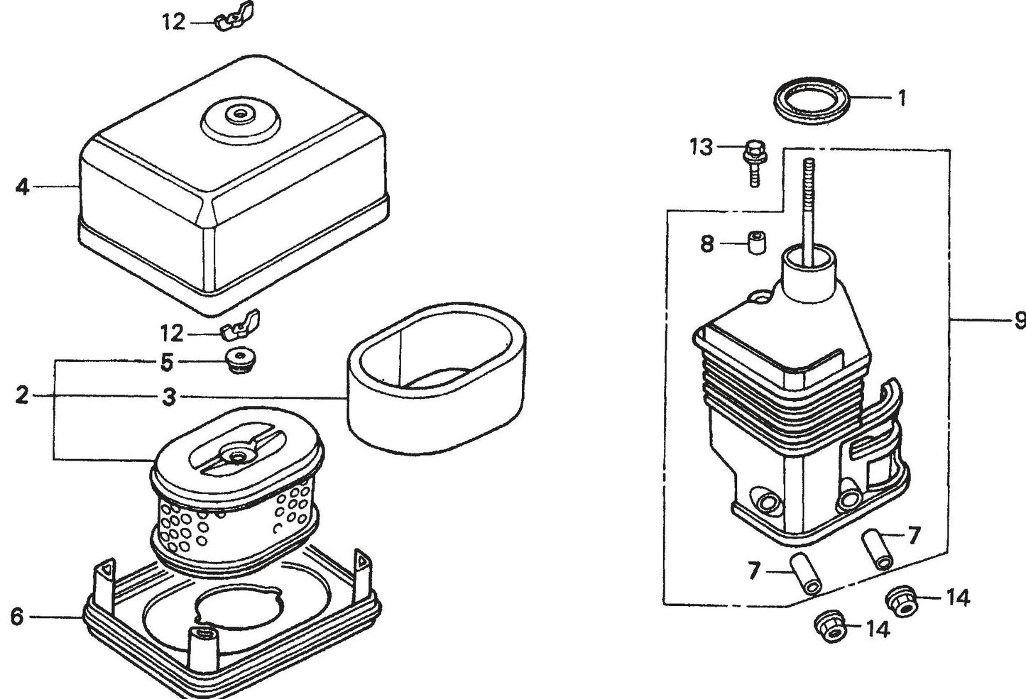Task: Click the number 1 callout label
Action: [x=902, y=97]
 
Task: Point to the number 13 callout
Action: [x=701, y=148]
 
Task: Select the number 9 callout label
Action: [x=1019, y=320]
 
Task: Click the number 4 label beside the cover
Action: [x=23, y=187]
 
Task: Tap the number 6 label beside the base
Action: [x=17, y=617]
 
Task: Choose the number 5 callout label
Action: [x=166, y=363]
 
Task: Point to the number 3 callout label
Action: [x=168, y=397]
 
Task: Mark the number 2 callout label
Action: [x=22, y=395]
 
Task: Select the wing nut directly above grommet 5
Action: [x=239, y=329]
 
